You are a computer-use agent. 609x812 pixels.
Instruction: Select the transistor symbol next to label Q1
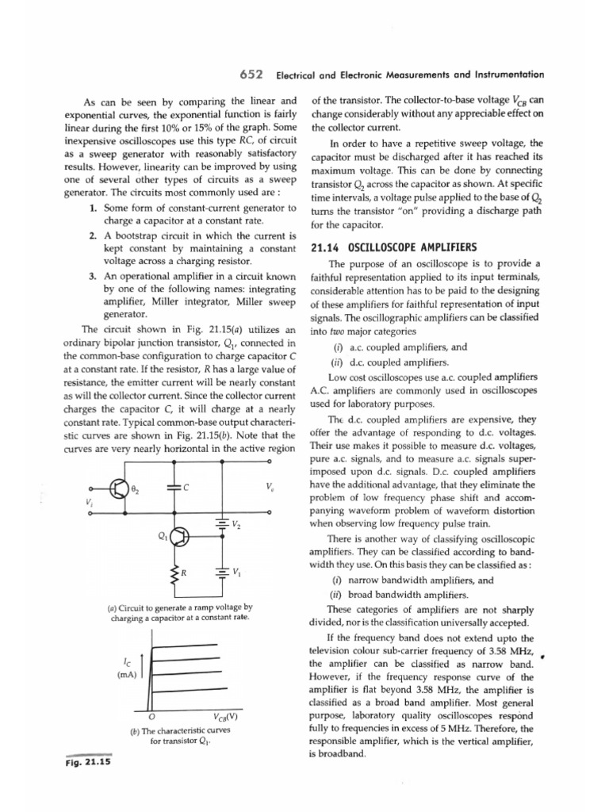(x=181, y=537)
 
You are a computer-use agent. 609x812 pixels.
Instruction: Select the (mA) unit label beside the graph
(x=126, y=676)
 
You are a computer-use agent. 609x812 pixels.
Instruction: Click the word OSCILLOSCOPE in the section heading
(x=383, y=248)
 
